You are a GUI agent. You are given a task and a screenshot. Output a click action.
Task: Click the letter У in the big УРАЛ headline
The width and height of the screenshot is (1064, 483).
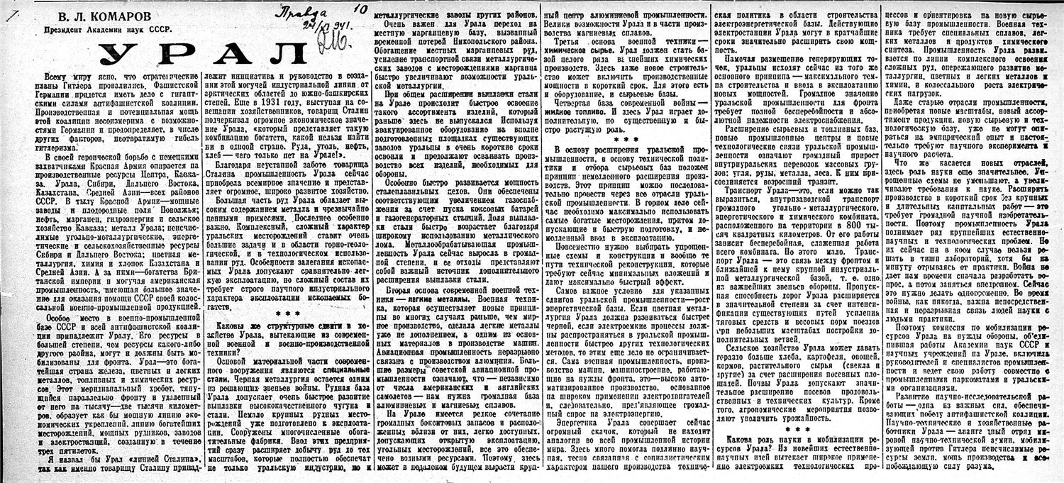(118, 56)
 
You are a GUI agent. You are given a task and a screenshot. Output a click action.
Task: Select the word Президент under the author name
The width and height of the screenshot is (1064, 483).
(67, 31)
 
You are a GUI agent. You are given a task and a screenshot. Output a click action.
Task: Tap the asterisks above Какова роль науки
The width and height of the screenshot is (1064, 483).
(789, 429)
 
